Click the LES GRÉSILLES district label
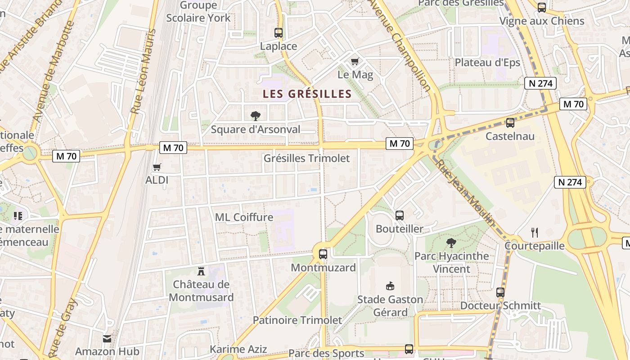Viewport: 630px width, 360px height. click(x=307, y=94)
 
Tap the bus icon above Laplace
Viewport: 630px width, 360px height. click(x=279, y=32)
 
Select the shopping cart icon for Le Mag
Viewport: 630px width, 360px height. click(x=355, y=61)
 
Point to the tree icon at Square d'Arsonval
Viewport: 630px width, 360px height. click(x=256, y=116)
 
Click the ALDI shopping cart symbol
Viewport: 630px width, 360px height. click(x=157, y=167)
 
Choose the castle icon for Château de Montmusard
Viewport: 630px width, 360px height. click(x=201, y=271)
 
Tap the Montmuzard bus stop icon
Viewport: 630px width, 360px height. click(x=323, y=254)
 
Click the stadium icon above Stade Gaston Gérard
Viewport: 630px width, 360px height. click(x=390, y=286)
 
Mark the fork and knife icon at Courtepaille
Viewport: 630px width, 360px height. click(x=535, y=232)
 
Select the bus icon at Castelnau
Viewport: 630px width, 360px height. click(x=510, y=122)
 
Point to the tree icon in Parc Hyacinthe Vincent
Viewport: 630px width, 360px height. click(x=451, y=243)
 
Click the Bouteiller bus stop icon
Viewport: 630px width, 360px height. click(x=400, y=215)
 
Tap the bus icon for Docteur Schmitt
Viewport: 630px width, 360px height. click(x=500, y=292)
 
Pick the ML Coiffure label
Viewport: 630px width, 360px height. click(x=244, y=217)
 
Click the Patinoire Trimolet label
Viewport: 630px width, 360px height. click(x=297, y=320)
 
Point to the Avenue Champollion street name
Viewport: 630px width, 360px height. click(x=400, y=43)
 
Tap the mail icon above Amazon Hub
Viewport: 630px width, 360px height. click(x=107, y=338)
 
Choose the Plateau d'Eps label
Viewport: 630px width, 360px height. click(x=487, y=63)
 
